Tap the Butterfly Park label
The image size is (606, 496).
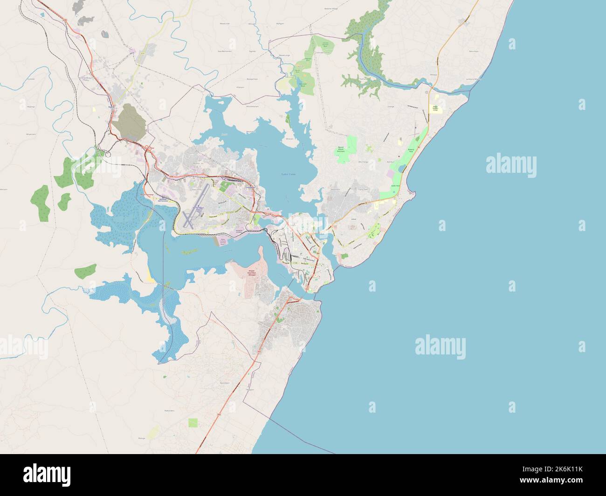tap(411, 150)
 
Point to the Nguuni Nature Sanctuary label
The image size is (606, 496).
tap(340, 149)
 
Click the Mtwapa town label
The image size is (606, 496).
tap(433, 75)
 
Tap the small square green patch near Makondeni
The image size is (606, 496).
tap(193, 422)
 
